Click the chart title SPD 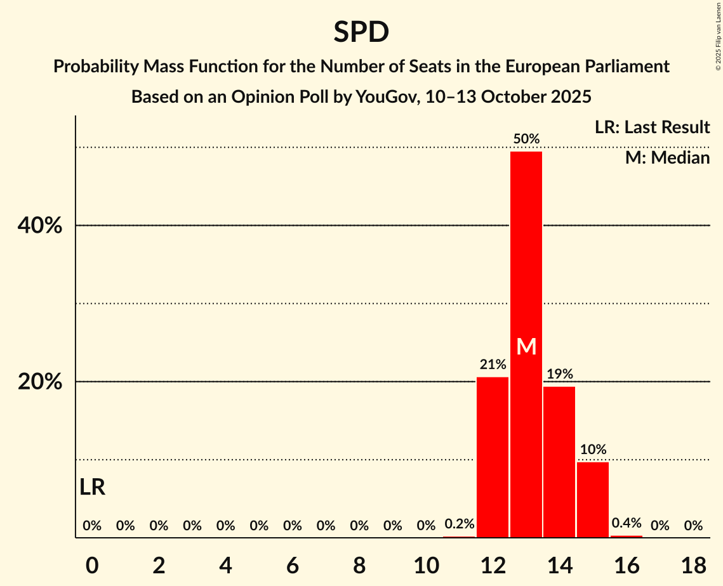[x=361, y=32]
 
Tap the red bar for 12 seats [x=493, y=457]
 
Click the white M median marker [x=526, y=346]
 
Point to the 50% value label [x=526, y=139]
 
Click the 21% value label [x=493, y=365]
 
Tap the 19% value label [x=559, y=374]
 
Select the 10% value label [x=593, y=450]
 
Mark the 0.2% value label [x=459, y=524]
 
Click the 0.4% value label [x=627, y=523]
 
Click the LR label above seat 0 [x=92, y=488]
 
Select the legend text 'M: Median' [x=667, y=157]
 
